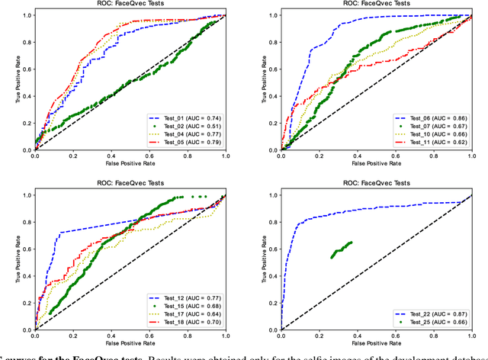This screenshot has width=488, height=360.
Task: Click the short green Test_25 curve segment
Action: (x=341, y=250)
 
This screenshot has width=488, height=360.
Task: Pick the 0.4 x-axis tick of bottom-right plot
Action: (x=358, y=336)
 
